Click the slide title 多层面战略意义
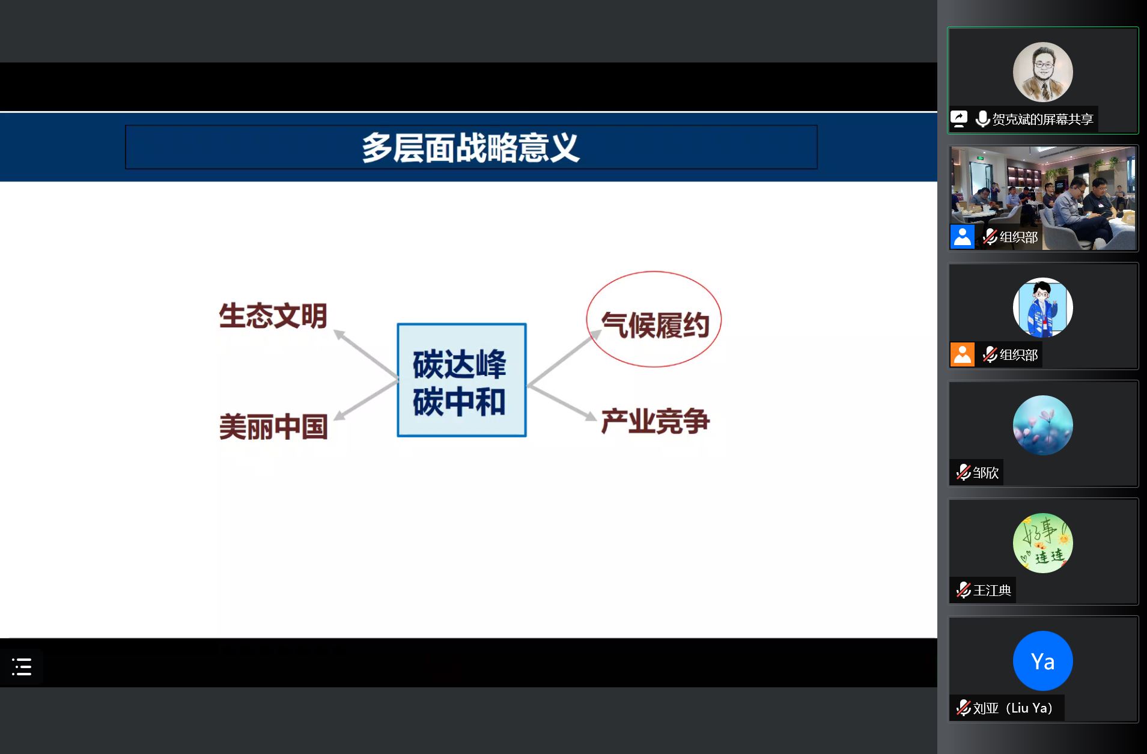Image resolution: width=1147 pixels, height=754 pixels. [x=470, y=148]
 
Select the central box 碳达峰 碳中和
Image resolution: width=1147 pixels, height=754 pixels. [x=461, y=380]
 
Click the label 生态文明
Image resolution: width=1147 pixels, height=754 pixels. [x=273, y=316]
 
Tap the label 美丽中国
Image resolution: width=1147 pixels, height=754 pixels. [x=273, y=427]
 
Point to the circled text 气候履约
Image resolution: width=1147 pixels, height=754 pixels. [x=654, y=324]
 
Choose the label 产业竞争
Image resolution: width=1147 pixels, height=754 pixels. [x=655, y=421]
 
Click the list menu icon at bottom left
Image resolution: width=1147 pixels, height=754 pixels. [x=22, y=666]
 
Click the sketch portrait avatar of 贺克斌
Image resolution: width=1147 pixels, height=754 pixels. [x=1042, y=72]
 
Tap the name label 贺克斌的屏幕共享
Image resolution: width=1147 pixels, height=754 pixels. [x=1042, y=119]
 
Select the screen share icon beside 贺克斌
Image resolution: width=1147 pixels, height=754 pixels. [x=959, y=119]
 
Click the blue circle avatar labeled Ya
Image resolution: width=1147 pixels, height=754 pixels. [x=1042, y=660]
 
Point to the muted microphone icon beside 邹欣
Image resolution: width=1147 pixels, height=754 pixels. [x=963, y=472]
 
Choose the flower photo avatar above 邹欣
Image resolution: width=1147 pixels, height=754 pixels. [x=1042, y=425]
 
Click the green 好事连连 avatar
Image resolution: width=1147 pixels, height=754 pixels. [x=1042, y=543]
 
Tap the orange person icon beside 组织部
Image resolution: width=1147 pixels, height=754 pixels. [x=962, y=354]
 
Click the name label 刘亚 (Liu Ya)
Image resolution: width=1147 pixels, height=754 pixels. [x=1012, y=708]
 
